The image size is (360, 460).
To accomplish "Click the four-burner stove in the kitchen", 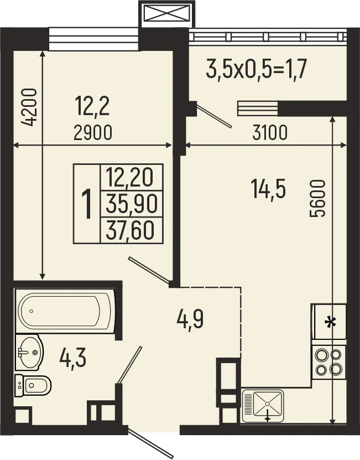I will (329, 362).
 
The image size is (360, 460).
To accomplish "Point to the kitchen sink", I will (263, 406).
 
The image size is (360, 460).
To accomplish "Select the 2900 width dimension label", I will (93, 133).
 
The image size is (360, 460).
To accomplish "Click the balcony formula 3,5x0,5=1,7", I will (256, 70).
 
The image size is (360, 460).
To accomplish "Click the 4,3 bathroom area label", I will (72, 358).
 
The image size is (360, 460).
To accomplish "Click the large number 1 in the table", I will (86, 204).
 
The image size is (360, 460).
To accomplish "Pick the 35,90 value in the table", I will (132, 204).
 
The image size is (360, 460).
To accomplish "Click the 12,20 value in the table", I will (132, 178).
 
